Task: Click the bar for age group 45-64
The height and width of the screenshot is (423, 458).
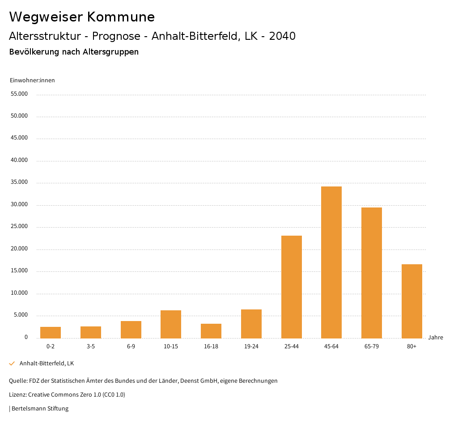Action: [x=331, y=262]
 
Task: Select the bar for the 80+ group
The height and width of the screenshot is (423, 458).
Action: [x=411, y=301]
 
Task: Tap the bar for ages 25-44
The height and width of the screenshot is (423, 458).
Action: [x=291, y=287]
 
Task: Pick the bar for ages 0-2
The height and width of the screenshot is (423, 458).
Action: [x=51, y=332]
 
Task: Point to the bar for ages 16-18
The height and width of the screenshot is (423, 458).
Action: [x=211, y=331]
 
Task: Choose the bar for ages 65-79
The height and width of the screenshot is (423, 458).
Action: [x=372, y=273]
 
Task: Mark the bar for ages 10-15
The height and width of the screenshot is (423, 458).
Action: [x=171, y=324]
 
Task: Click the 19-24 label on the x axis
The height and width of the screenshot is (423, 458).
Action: [x=251, y=347]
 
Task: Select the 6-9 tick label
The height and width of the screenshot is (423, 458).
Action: [x=131, y=347]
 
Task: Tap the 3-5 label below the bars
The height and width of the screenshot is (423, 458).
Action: [x=91, y=347]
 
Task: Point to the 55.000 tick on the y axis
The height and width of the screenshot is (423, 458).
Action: [x=19, y=94]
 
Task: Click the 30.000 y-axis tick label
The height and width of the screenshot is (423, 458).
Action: [x=19, y=204]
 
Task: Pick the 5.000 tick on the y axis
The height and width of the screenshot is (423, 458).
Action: [x=21, y=315]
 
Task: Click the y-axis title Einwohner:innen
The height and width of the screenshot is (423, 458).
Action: [x=32, y=80]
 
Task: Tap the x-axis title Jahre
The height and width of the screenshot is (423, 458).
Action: [x=436, y=338]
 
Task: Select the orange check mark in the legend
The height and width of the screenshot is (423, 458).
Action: [x=12, y=364]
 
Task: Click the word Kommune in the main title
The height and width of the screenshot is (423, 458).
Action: [x=121, y=17]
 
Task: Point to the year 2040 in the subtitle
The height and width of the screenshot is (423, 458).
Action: [x=282, y=36]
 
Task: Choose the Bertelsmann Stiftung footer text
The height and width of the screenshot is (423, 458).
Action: [x=40, y=408]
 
